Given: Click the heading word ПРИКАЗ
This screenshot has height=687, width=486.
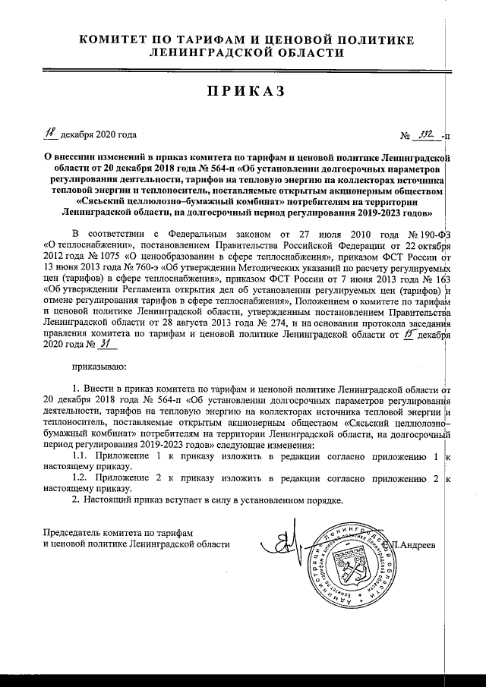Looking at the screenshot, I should coord(244,92).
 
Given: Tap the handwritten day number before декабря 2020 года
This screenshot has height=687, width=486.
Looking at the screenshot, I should coord(50,134).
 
